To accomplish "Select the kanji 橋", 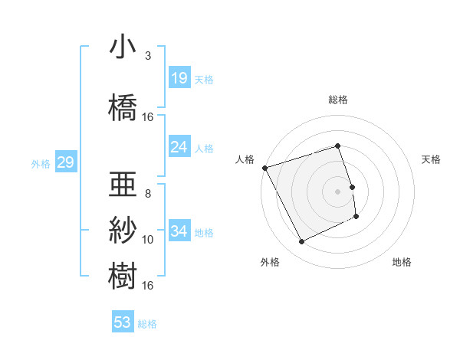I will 123,106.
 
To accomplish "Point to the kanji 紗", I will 123,229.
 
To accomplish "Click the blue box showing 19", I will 179,78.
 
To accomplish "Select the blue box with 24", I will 179,147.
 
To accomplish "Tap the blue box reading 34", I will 179,231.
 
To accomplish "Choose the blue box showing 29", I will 65,162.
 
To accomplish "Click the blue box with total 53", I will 123,322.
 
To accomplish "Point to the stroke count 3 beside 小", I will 148,56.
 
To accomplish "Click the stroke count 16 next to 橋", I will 148,117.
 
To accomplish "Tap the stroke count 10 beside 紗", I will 148,240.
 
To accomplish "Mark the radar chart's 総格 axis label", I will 337,100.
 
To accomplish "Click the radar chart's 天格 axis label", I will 432,159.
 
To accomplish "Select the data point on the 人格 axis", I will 264,168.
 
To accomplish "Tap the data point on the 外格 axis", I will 301,242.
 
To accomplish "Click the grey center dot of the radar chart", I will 337,191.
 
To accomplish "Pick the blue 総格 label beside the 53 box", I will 147,324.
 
